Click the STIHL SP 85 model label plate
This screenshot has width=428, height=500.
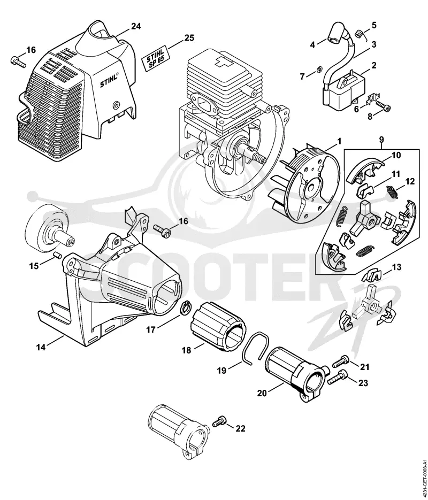[x=155, y=58]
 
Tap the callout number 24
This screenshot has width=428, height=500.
[x=135, y=26]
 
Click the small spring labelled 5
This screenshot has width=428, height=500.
[x=360, y=33]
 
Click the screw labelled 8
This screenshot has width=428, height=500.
[x=382, y=105]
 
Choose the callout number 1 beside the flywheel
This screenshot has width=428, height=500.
[x=339, y=141]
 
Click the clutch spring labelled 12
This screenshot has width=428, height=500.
[x=391, y=190]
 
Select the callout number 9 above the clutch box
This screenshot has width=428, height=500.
[x=381, y=140]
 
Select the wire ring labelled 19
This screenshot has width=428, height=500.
[x=256, y=348]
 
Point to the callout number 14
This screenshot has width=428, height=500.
[x=41, y=347]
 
